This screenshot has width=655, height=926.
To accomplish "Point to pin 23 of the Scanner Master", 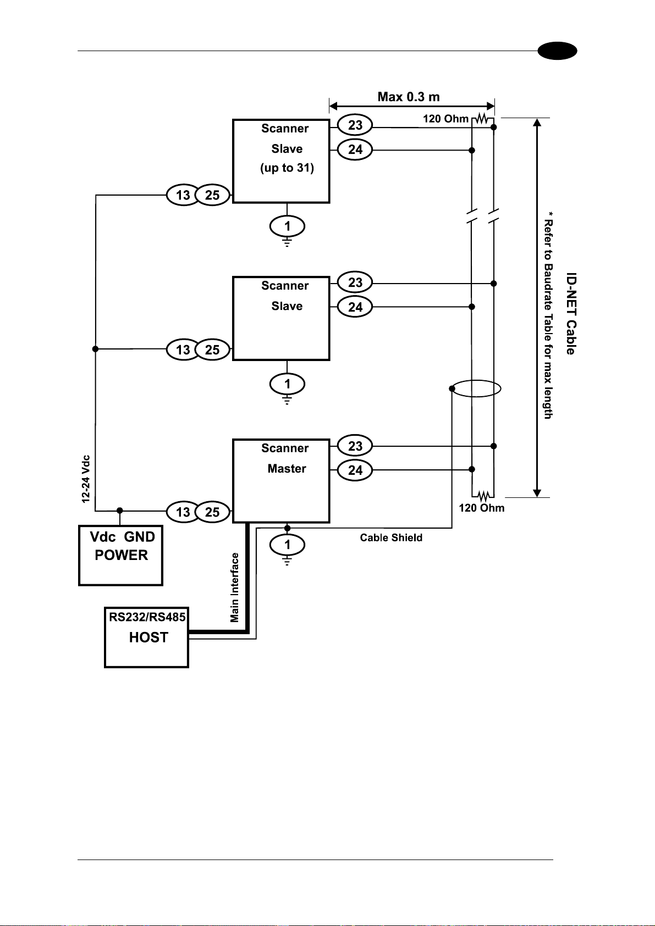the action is (355, 446).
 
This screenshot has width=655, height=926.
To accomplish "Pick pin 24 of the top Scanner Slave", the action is (355, 149).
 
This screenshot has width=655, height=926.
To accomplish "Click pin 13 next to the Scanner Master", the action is (183, 512).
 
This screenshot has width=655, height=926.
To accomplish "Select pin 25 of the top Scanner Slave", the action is (212, 195).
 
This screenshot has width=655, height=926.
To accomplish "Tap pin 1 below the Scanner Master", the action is (287, 545).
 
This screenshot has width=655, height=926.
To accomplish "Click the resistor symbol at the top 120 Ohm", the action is (482, 119).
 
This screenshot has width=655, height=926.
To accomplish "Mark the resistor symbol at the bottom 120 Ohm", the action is (483, 495).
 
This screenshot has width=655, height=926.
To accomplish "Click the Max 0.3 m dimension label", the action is (409, 97).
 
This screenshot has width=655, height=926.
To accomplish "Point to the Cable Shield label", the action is (391, 537).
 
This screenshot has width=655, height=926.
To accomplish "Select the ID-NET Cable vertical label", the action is (571, 313).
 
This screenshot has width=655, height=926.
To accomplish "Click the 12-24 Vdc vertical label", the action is (86, 479).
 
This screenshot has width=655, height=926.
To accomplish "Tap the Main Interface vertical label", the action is (235, 587).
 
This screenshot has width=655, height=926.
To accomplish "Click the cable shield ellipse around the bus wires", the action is (476, 380).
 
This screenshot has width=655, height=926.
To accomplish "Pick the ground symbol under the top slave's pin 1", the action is (287, 242).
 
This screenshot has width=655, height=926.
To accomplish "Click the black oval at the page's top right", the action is (557, 51).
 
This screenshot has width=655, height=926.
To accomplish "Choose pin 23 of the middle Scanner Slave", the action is (355, 282).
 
